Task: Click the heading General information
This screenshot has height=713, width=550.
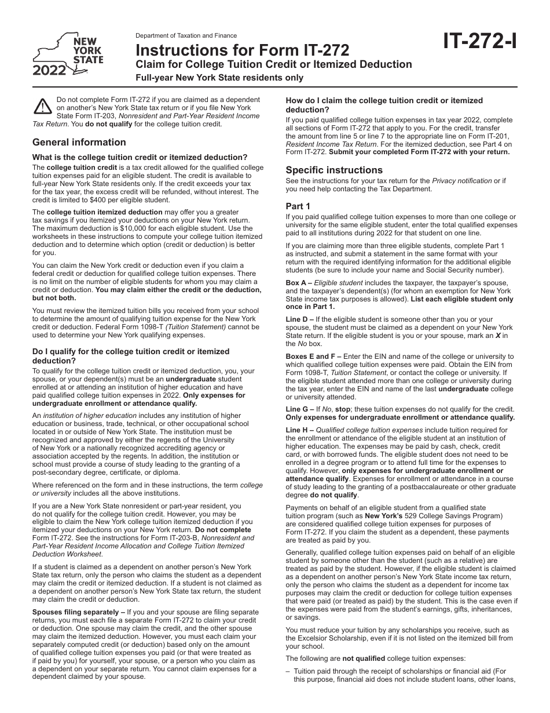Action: (x=79, y=142)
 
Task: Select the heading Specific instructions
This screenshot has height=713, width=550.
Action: (x=334, y=170)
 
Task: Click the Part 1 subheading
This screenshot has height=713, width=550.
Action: (x=298, y=206)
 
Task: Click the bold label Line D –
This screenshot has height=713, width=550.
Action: (x=300, y=319)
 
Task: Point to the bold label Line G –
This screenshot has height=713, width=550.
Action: (x=300, y=409)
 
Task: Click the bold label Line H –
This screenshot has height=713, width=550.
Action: (x=300, y=430)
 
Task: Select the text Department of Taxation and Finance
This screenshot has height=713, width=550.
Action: (x=186, y=36)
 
